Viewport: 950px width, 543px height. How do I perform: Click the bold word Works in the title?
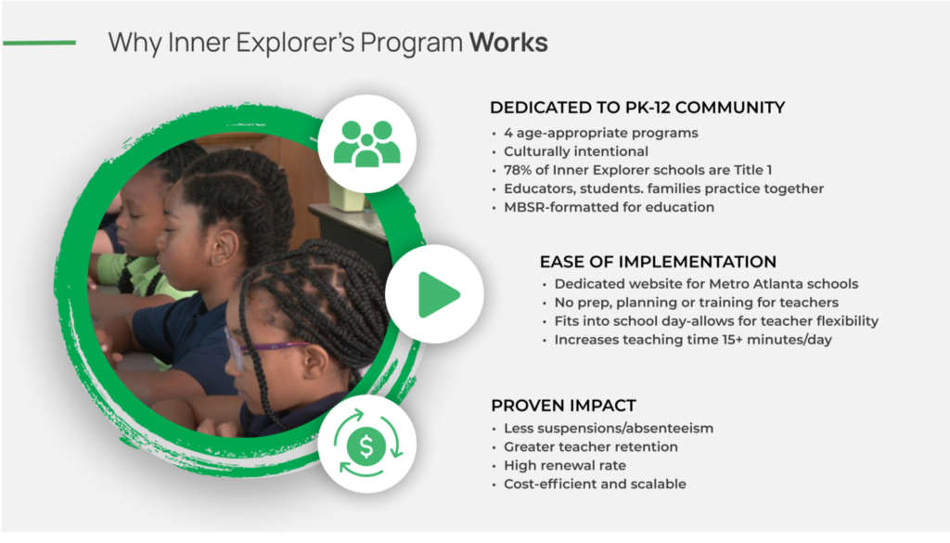(x=508, y=43)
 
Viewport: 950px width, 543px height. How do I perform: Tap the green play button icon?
(x=438, y=294)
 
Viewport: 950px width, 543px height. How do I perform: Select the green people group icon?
(x=367, y=144)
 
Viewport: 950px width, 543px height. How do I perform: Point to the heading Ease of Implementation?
(x=658, y=262)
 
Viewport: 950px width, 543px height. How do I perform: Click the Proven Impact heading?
(x=563, y=406)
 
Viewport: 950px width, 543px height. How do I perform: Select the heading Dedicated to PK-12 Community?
(x=637, y=108)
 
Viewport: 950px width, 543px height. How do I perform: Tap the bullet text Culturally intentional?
(x=576, y=151)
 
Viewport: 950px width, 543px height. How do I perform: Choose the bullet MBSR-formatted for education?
(x=609, y=207)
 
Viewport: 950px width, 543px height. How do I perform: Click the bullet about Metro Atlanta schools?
(x=706, y=284)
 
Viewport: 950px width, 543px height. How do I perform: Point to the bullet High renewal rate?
(x=565, y=465)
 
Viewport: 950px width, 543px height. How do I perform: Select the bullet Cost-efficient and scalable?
(x=595, y=484)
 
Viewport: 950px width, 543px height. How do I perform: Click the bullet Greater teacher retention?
(x=591, y=446)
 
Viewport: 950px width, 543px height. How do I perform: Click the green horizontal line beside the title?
(x=39, y=43)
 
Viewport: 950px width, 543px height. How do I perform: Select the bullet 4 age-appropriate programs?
(x=601, y=133)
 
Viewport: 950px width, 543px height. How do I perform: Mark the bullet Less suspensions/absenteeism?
(x=609, y=429)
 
